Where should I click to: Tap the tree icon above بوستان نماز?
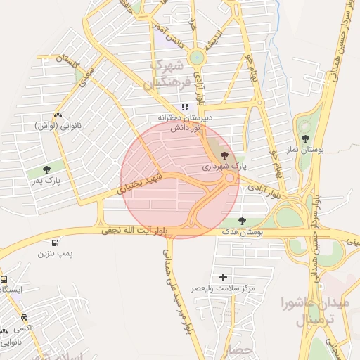click(305, 139)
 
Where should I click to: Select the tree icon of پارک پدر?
click(46, 169)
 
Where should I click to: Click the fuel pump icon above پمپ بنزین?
click(46, 238)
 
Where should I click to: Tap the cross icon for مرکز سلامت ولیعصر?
click(224, 277)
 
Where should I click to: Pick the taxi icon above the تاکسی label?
click(25, 318)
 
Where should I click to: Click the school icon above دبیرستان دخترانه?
click(185, 108)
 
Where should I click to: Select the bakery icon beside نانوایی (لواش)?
click(58, 115)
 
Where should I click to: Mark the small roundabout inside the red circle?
click(229, 179)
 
